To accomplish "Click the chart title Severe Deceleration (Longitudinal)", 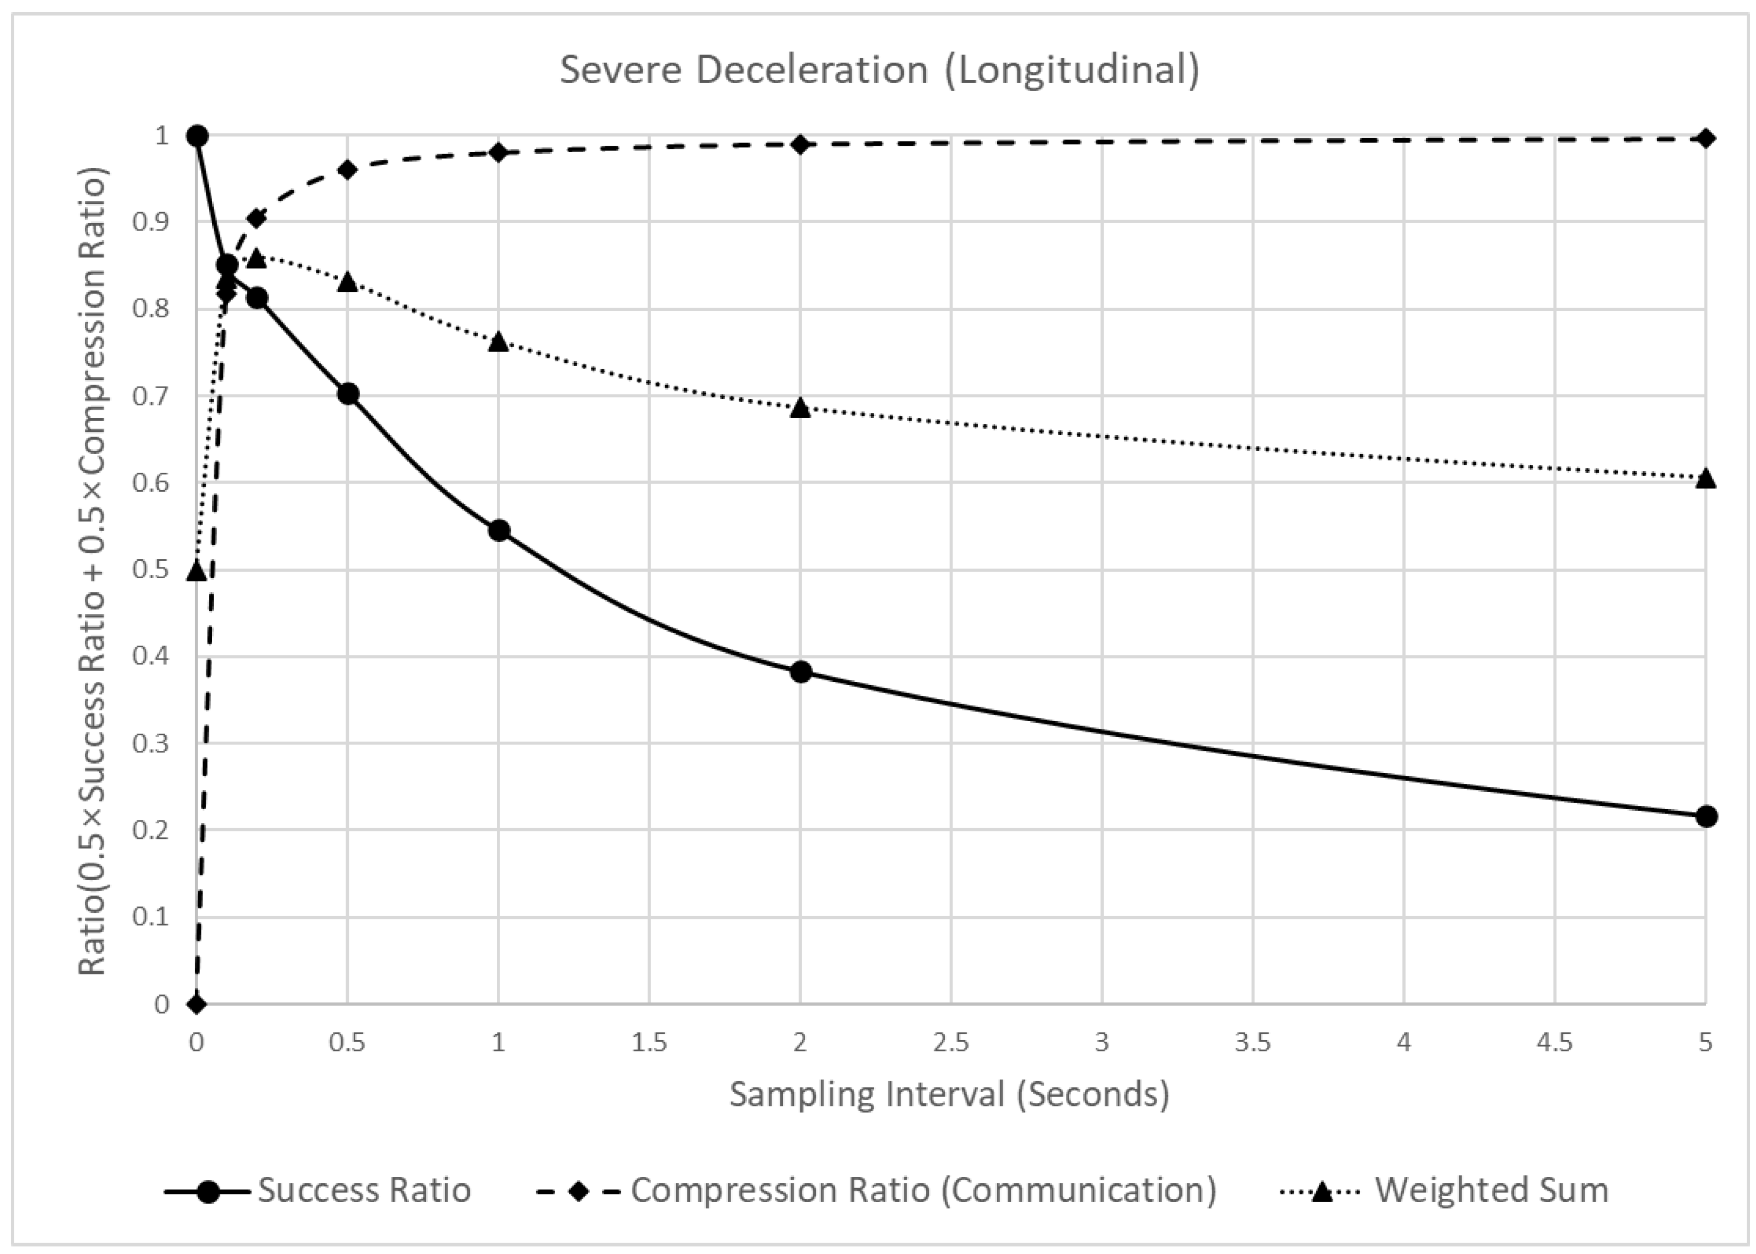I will pos(880,70).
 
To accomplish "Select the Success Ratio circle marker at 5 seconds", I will pos(1706,816).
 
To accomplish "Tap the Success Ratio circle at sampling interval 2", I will pos(801,672).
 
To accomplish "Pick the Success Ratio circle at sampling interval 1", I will pos(499,531).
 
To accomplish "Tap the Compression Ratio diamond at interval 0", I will pos(197,1004).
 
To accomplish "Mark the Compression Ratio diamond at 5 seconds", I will pos(1706,138).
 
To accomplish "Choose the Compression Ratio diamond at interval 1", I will pos(499,152).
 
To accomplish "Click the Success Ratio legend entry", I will pos(318,1190).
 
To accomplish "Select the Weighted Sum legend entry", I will pos(1444,1190).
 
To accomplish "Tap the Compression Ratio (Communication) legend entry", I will pos(876,1190).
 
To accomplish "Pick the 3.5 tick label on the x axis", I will pos(1253,1042).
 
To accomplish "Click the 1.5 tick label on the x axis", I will pos(650,1042).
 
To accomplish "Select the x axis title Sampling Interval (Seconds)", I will pos(949,1094).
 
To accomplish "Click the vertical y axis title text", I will pos(93,572).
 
